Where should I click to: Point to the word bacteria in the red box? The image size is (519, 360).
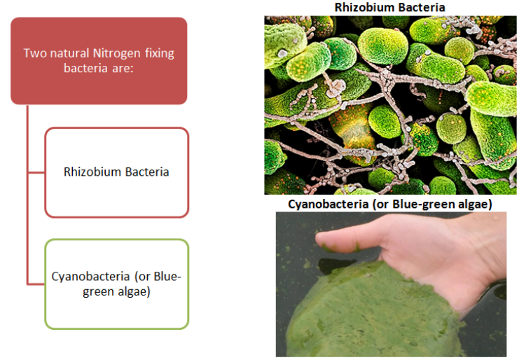click(85, 68)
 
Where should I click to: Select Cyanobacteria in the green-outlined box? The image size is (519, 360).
click(90, 276)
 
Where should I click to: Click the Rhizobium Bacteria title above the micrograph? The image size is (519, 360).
click(389, 7)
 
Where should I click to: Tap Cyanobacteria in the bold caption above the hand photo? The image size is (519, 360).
click(328, 204)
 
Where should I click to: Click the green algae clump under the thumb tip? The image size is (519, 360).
click(341, 247)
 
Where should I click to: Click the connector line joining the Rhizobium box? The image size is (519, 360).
click(36, 172)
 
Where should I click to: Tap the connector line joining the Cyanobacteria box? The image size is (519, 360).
click(36, 284)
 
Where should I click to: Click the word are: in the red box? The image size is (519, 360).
click(122, 68)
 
